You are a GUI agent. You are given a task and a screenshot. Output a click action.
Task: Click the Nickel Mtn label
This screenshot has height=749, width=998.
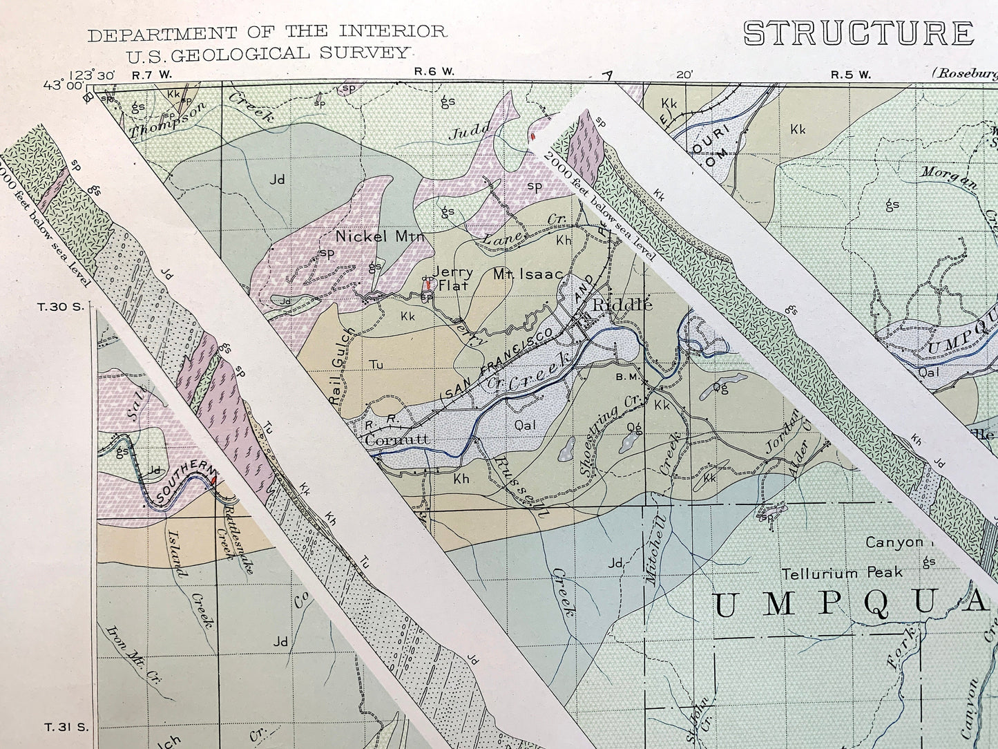point(379,236)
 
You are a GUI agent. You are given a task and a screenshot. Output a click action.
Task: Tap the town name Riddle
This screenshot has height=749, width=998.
point(620,304)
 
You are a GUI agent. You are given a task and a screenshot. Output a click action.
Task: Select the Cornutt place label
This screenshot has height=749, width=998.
point(399,439)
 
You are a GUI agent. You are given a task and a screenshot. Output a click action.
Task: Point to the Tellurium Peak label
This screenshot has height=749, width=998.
point(842,573)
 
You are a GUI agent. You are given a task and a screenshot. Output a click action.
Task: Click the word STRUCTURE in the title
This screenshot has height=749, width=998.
point(858,33)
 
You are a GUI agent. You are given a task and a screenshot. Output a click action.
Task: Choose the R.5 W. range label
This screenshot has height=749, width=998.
point(850,75)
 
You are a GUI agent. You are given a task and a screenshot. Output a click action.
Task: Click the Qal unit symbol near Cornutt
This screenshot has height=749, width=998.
point(525,426)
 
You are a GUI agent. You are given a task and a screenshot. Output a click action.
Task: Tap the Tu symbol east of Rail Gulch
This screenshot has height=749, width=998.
point(376,365)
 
